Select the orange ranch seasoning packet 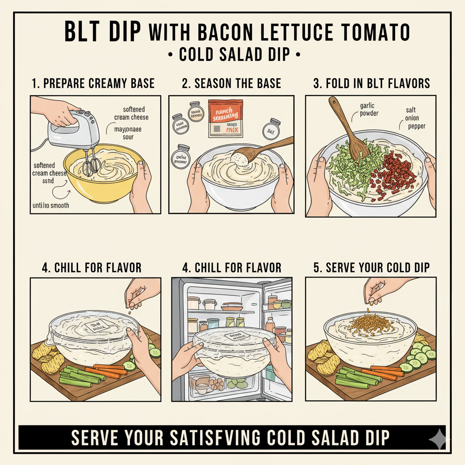pos(226,119)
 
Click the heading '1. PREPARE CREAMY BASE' pos(93,83)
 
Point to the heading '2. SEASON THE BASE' pos(232,83)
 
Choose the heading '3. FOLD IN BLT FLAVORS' pos(371,83)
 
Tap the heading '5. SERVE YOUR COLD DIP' pos(371,267)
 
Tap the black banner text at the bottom pos(231,438)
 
